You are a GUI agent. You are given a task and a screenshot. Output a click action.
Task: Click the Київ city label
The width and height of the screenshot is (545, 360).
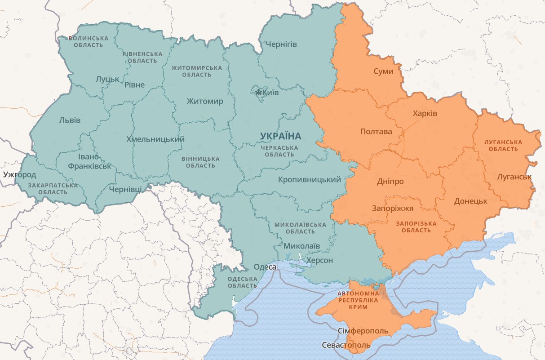pos(270,93)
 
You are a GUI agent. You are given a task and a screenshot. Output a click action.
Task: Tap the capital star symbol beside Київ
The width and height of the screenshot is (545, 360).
pos(258,92)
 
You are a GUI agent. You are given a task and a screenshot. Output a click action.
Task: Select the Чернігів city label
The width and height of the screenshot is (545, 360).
pos(281,44)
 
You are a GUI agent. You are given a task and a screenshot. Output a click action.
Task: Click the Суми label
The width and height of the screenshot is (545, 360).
pos(383,71)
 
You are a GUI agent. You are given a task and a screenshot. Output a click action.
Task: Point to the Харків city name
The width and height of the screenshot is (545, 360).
pos(425,113)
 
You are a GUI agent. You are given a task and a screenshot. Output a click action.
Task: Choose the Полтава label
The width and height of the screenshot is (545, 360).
pos(376,132)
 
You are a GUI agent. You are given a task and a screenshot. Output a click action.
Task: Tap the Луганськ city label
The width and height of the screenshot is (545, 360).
pos(514,177)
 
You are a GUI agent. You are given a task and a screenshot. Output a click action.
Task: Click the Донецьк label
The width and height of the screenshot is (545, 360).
pos(470,201)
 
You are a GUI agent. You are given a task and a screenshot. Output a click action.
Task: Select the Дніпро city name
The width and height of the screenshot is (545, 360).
pos(390,182)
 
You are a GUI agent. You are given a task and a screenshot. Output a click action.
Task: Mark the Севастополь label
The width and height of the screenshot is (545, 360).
pos(346,345)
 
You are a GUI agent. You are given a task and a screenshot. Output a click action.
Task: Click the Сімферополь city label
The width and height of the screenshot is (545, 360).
pos(363,331)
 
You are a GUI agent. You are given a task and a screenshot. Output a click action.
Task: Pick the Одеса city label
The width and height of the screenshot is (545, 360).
pos(265,267)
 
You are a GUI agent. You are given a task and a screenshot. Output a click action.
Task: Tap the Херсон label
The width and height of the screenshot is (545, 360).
pos(319,261)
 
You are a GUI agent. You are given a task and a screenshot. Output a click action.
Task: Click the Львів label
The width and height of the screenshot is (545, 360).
pos(70,120)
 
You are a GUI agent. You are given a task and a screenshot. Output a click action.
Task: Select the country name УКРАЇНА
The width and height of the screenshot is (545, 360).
pos(280,136)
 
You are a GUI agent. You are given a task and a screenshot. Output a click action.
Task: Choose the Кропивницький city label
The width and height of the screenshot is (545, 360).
pos(310,179)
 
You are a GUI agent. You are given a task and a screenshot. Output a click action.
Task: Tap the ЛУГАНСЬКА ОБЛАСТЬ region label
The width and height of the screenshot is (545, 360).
pos(503,145)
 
